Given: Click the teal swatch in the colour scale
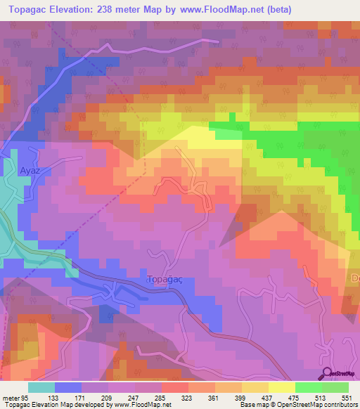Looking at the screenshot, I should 41,388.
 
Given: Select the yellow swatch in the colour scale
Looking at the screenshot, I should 281,388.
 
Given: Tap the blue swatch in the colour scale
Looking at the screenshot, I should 68,388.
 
